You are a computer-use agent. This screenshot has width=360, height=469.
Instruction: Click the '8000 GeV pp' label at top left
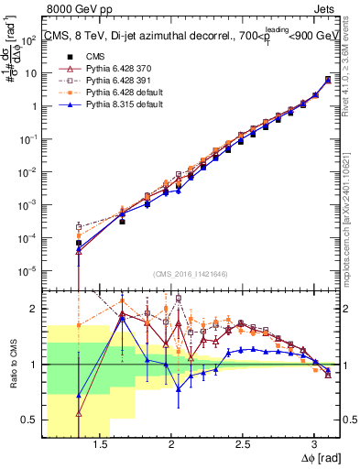pos(75,11)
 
